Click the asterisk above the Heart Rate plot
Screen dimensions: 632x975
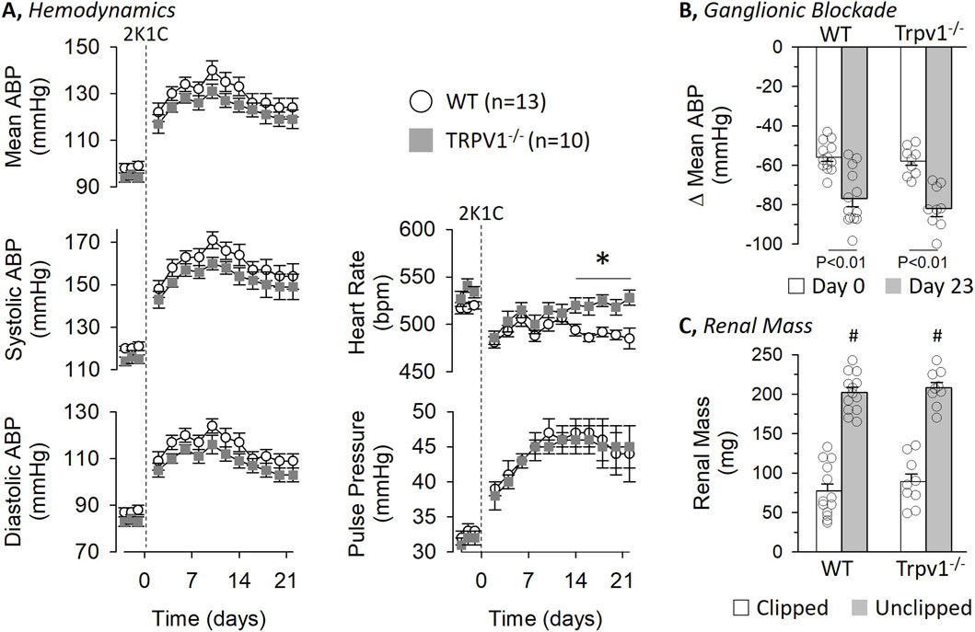tap(603, 261)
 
